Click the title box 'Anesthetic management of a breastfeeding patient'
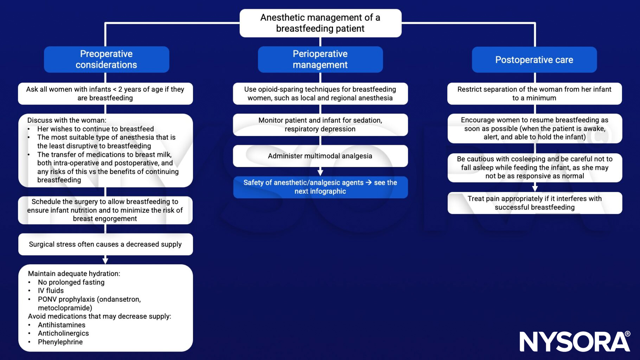[x=320, y=23]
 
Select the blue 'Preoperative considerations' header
[x=106, y=59]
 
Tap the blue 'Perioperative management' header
[x=320, y=59]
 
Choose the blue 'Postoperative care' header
[x=534, y=60]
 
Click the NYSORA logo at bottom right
[x=575, y=341]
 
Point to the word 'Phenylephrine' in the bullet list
[x=60, y=342]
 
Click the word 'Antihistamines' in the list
[x=62, y=325]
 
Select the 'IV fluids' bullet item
[x=51, y=291]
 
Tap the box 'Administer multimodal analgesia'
[x=320, y=156]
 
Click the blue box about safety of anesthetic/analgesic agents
[x=320, y=187]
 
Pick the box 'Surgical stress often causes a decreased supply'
[x=105, y=244]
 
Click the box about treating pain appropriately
[x=535, y=203]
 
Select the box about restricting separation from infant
[x=534, y=94]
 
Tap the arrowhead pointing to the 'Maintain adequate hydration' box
[x=105, y=261]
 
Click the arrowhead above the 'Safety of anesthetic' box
[x=320, y=172]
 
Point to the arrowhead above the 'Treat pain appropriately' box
[x=535, y=188]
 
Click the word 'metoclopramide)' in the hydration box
[x=65, y=308]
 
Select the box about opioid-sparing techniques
[x=320, y=94]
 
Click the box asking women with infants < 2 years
[x=105, y=94]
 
